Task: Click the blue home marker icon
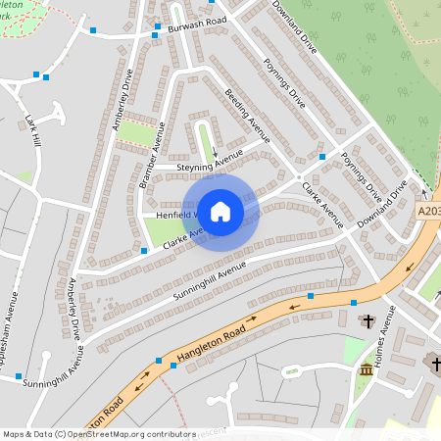[x=220, y=211]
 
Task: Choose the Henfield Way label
[x=169, y=214]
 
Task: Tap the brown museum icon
[x=367, y=370]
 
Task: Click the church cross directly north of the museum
[x=369, y=320]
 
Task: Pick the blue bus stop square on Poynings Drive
[x=321, y=157]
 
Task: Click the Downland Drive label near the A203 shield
[x=382, y=207]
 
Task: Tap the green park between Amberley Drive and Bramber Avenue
[x=136, y=132]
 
